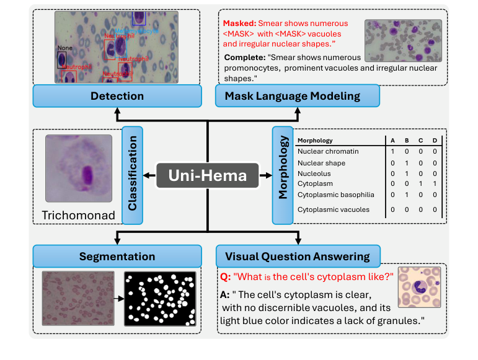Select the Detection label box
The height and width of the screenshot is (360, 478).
point(117,96)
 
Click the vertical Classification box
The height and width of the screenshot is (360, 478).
point(133,175)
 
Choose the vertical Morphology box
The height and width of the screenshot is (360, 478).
point(282,175)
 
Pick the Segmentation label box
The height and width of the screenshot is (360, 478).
point(117,257)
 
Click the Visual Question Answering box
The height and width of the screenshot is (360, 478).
point(297,257)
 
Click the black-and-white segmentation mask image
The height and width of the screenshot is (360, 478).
point(160,299)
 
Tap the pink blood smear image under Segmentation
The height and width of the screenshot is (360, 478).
point(78,299)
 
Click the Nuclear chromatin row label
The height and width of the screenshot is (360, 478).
point(328,151)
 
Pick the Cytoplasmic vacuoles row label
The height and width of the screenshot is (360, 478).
point(333,209)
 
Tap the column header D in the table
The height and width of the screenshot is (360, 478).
point(435,140)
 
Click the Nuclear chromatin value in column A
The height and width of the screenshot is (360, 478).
point(392,151)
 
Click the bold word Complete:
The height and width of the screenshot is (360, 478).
point(244,57)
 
